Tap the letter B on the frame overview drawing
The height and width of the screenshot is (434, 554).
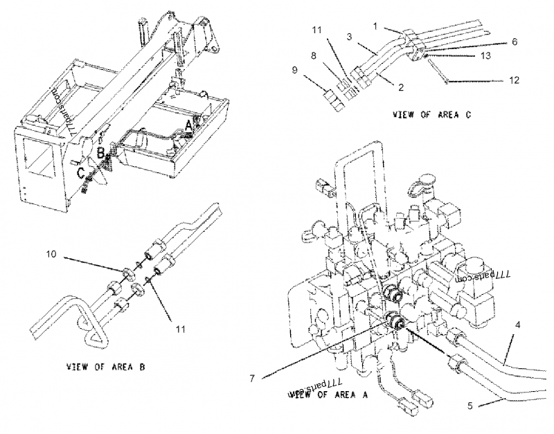tap(100, 152)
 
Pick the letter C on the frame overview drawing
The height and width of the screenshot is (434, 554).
tap(80, 170)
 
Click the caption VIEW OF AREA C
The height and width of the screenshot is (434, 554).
tap(431, 114)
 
